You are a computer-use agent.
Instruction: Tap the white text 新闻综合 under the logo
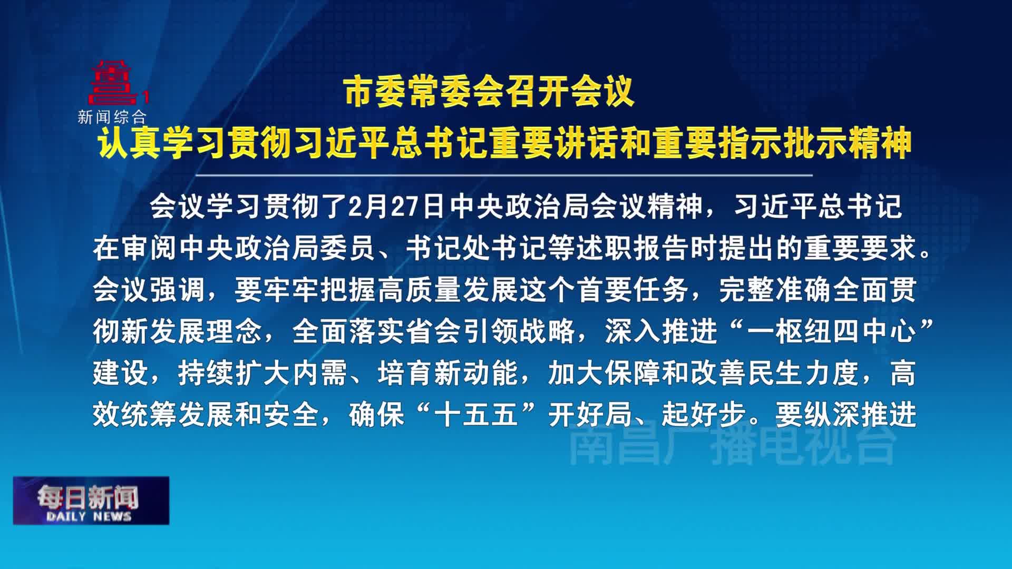112,116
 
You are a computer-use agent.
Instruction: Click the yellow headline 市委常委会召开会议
489,93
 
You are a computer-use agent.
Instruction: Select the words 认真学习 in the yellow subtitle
163,143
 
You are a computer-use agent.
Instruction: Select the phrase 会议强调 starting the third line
149,290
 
